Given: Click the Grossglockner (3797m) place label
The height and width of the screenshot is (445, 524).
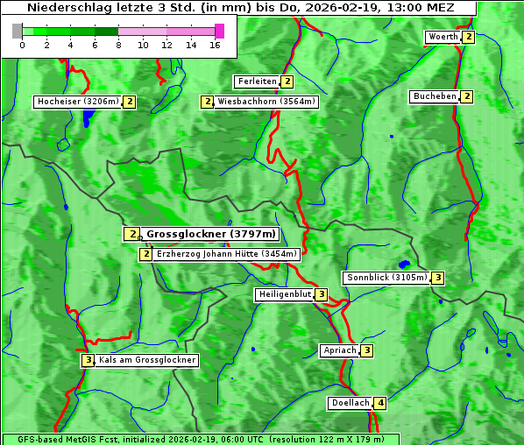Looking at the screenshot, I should tap(210, 234).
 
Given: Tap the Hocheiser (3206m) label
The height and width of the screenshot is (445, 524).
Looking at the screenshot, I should tap(77, 102).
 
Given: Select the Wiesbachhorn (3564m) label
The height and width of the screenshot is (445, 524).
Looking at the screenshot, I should tap(266, 102).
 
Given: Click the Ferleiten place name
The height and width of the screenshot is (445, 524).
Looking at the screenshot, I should tap(258, 81).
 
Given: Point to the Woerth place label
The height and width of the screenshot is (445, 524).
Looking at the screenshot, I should tap(443, 37).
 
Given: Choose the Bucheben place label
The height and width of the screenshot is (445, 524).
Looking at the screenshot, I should tap(435, 96).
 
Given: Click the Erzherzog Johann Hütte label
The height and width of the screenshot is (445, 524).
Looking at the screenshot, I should tap(227, 254).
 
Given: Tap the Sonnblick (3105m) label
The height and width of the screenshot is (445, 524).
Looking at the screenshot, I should tap(386, 278).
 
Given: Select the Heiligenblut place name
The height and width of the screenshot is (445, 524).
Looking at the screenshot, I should tap(284, 294).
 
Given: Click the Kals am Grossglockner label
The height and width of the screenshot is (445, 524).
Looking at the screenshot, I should tap(147, 360).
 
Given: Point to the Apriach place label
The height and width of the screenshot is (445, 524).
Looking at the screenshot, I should tap(340, 350).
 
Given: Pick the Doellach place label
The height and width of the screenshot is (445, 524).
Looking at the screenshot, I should tap(351, 403).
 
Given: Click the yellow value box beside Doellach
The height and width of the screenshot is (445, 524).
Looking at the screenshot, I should tap(380, 403).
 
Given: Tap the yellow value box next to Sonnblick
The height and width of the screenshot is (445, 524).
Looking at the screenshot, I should tap(438, 278).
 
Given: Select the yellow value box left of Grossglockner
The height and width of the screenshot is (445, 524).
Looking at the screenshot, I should tap(131, 234).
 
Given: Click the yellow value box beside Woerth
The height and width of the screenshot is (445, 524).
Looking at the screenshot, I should tap(469, 37).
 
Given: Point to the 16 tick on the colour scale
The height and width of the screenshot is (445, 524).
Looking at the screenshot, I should tap(214, 46).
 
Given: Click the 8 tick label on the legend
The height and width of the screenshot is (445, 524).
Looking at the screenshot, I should tap(118, 46).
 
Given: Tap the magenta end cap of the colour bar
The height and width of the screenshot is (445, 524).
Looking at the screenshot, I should tap(219, 31).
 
